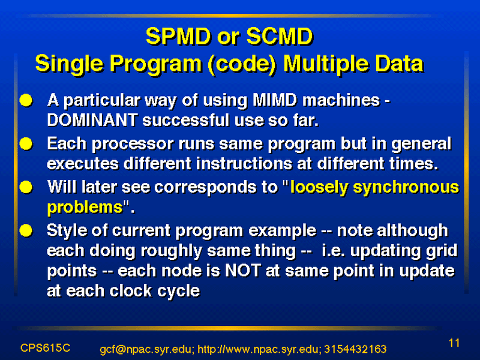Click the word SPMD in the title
coord(178,36)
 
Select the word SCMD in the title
coord(280,36)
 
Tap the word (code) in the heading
coord(242,64)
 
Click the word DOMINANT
coord(92,119)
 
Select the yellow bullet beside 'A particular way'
coord(26,100)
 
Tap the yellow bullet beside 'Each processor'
coord(26,143)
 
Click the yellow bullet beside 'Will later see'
coord(26,187)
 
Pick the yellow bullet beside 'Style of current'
coord(26,230)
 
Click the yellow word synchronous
coord(406,187)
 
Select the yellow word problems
coord(85,208)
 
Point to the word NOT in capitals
coord(243,271)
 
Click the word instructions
coord(244,163)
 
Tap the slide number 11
coord(454,343)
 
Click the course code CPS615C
coord(45,348)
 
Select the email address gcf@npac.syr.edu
coord(147,349)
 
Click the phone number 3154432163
coord(355,349)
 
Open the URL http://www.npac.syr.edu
coord(259,349)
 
